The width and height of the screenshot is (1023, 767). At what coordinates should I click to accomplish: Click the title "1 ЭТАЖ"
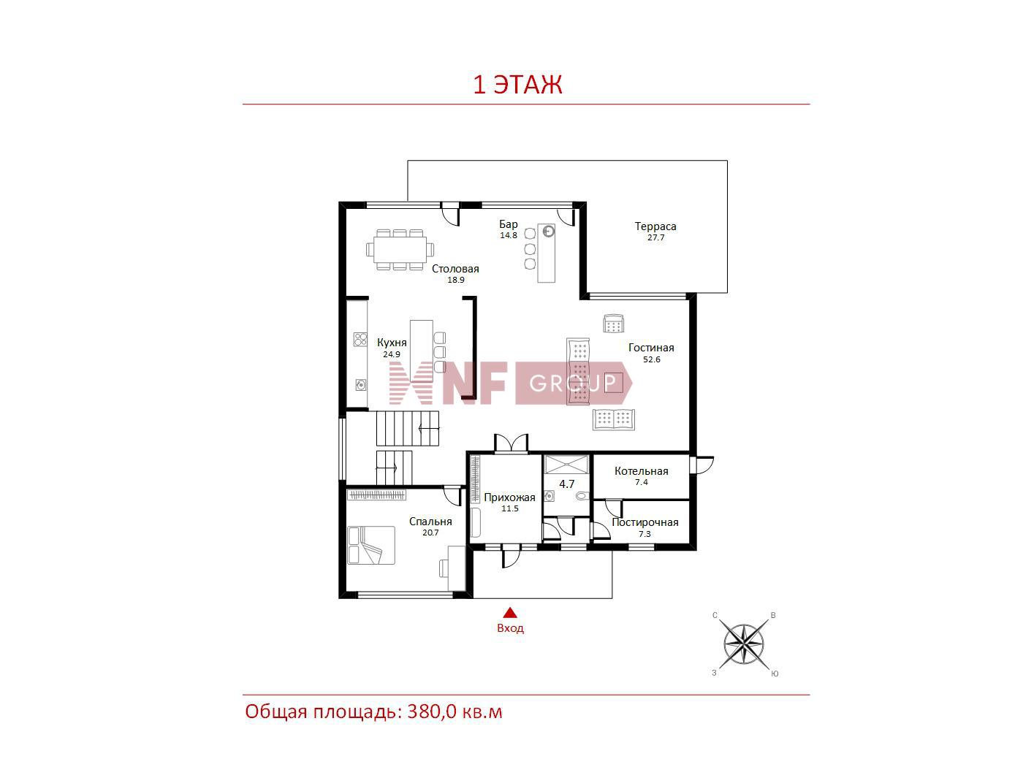pos(517,85)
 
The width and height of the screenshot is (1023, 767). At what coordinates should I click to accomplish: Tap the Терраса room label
pos(655,226)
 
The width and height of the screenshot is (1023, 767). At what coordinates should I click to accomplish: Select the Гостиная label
pos(650,348)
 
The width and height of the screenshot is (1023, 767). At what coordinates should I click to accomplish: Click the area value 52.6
pos(651,359)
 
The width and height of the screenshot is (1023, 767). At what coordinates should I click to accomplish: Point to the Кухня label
pos(392,343)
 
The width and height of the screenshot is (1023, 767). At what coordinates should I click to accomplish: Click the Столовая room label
pos(455,269)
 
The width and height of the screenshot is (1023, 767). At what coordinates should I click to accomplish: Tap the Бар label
pos(508,224)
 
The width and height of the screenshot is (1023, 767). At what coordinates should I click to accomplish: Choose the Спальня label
pos(430,522)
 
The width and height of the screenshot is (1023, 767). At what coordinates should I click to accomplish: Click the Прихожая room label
pos(509,497)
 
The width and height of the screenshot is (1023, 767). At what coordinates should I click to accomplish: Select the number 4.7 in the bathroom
pos(566,484)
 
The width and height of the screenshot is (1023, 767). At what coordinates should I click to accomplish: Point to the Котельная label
pos(641,471)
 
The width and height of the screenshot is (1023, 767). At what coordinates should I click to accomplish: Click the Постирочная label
pos(644,522)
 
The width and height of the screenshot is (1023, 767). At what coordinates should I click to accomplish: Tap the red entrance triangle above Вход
pos(510,612)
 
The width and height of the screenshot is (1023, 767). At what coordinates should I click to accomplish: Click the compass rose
pos(743,644)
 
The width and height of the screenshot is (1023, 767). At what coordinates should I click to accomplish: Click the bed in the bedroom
pos(371,546)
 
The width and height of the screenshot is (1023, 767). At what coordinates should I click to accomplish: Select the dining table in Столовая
pos(400,250)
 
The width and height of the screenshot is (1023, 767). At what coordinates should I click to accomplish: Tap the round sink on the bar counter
pos(548,231)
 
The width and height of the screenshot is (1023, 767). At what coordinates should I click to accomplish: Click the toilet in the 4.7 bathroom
pos(582,497)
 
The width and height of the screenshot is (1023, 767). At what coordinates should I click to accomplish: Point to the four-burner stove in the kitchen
pos(360,339)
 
